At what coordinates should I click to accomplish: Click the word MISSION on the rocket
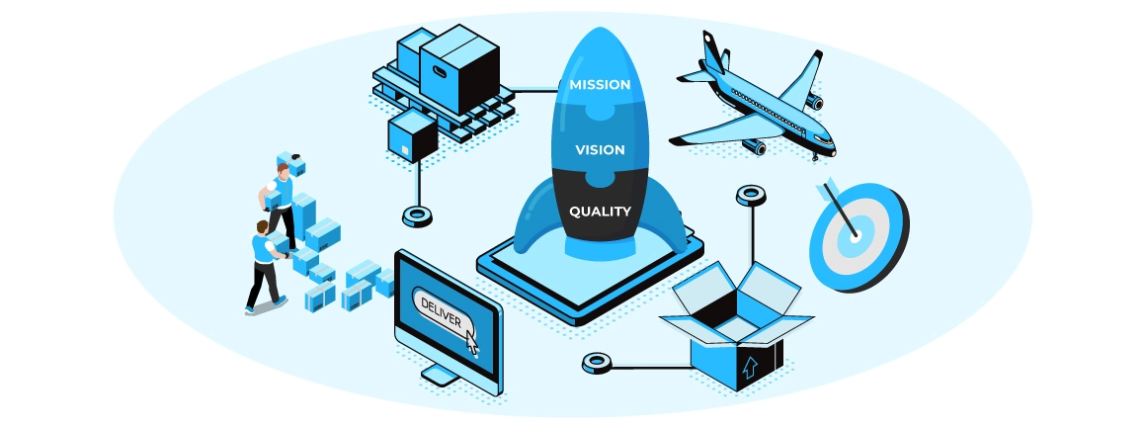pyautogui.click(x=600, y=85)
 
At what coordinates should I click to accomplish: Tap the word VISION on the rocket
pyautogui.click(x=600, y=150)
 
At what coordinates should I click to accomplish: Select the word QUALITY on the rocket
pyautogui.click(x=600, y=211)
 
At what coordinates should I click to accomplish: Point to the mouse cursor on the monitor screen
pyautogui.click(x=471, y=341)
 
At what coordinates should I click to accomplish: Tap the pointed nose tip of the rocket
pyautogui.click(x=599, y=30)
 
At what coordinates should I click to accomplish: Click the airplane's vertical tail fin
pyautogui.click(x=714, y=50)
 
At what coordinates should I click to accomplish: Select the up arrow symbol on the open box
pyautogui.click(x=748, y=368)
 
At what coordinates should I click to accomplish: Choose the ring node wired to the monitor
pyautogui.click(x=596, y=364)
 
